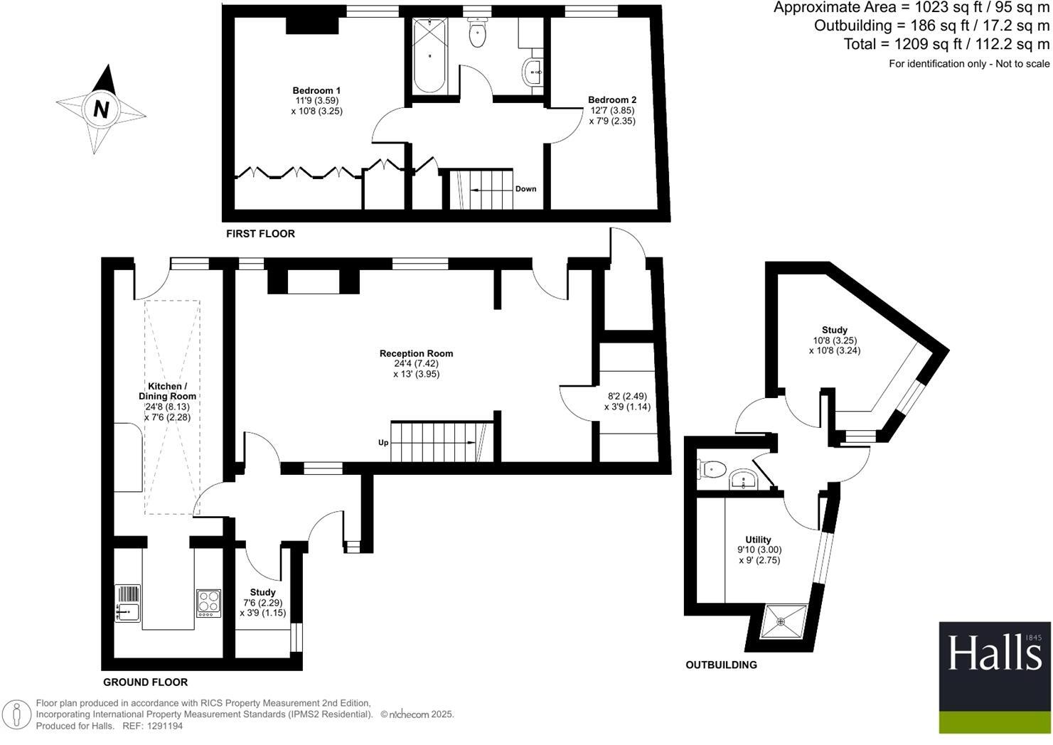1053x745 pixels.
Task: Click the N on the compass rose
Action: click(101, 109)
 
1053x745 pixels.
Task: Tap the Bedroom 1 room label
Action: click(316, 90)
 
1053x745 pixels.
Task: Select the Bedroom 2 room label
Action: click(611, 100)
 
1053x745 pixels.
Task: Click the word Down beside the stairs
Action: click(525, 189)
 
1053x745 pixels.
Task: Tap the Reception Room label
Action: click(416, 353)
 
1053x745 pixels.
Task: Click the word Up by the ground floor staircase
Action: click(383, 443)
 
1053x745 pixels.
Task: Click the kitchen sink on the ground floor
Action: click(128, 610)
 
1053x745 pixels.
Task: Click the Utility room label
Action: click(758, 540)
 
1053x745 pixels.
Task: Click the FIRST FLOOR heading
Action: click(260, 234)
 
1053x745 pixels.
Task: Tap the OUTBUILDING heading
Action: click(721, 665)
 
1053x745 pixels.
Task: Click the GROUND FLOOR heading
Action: click(145, 682)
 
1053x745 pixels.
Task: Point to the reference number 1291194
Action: click(163, 727)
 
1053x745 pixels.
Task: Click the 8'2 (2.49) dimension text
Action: click(627, 397)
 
